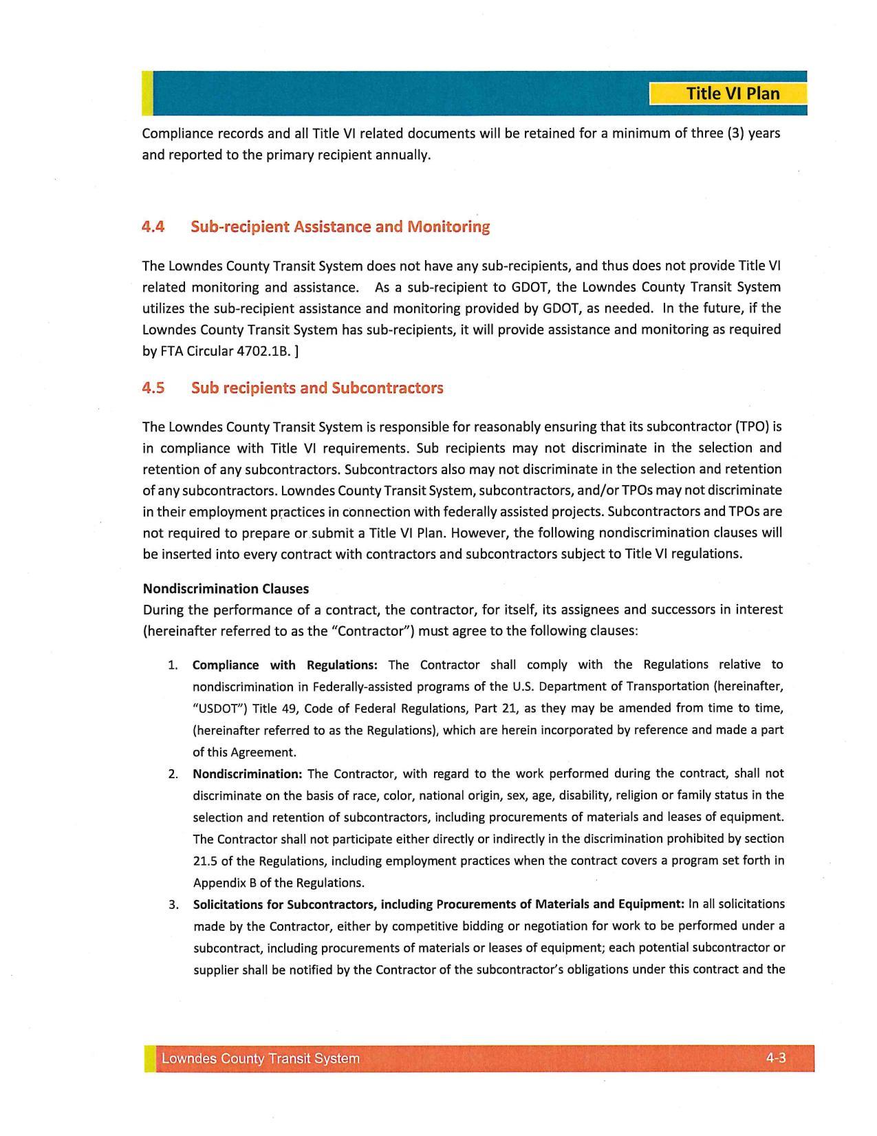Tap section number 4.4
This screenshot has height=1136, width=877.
pos(153,226)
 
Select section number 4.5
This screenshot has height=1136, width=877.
pos(153,388)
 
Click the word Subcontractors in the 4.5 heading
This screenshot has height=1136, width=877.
pos(387,388)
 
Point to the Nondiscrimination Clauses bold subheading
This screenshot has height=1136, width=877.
pos(226,589)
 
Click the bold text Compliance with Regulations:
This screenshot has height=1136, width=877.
pos(285,665)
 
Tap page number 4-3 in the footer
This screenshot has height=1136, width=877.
pos(776,1058)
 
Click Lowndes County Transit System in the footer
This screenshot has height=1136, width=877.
pos(261,1059)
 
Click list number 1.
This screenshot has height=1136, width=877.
pos(173,665)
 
